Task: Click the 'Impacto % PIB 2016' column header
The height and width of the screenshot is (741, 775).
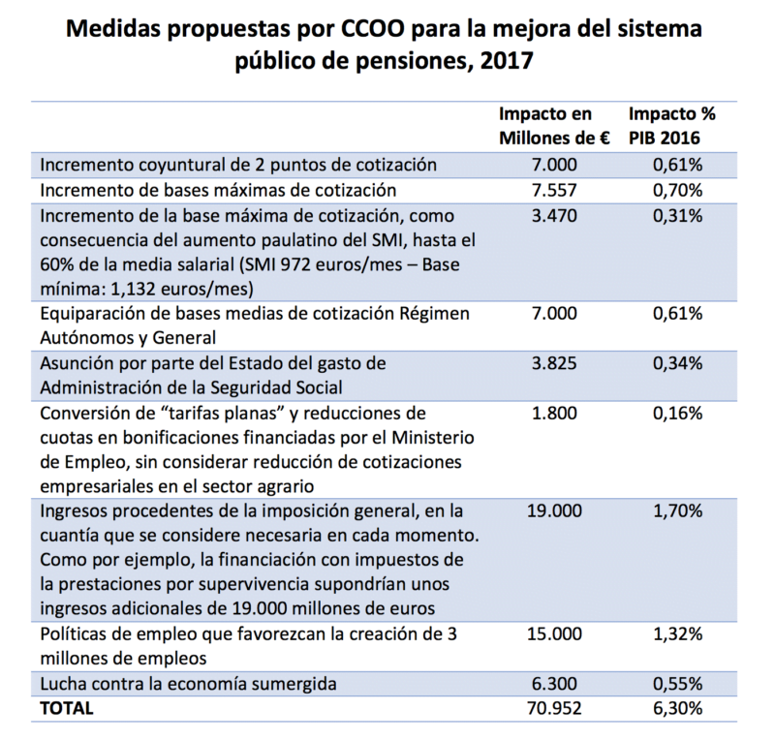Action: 677,126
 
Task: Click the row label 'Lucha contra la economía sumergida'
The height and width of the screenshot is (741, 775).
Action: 188,684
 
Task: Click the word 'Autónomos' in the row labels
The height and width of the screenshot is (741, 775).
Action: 85,338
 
